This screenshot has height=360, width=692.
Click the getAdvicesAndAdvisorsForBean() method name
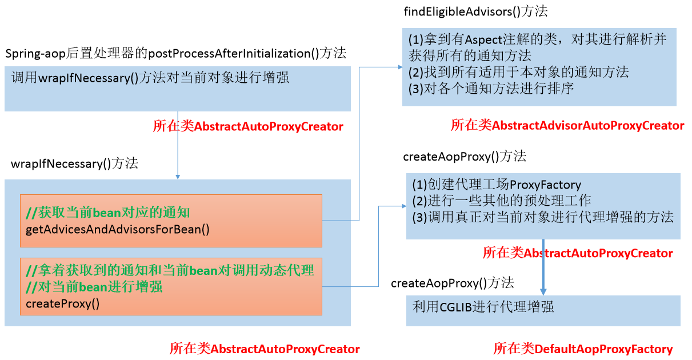(x=118, y=230)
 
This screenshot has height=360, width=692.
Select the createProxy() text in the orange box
(x=63, y=303)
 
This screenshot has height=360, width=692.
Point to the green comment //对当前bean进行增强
(x=94, y=286)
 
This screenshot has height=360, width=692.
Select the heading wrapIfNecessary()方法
(x=74, y=163)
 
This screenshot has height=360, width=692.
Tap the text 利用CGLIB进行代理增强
(x=483, y=307)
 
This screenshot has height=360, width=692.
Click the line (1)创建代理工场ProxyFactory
(x=496, y=185)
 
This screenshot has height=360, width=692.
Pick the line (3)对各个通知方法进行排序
(x=491, y=89)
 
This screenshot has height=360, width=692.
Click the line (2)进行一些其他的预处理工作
(x=501, y=201)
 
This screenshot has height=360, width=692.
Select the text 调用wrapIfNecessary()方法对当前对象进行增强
(x=150, y=78)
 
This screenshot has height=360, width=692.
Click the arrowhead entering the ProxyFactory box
(x=403, y=206)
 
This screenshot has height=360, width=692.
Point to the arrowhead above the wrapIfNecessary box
(x=178, y=176)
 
